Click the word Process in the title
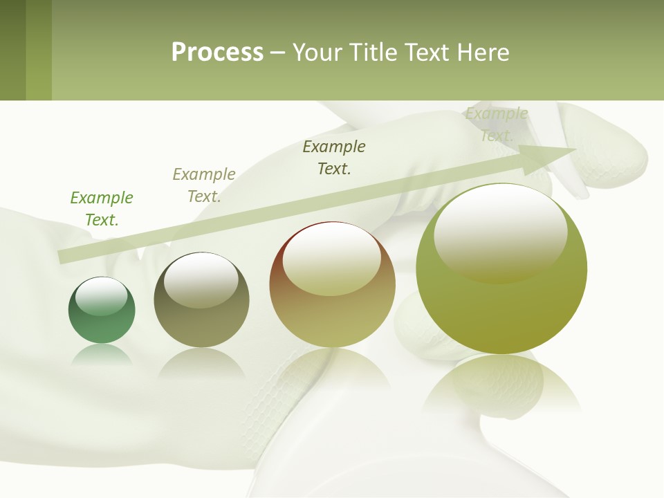pyautogui.click(x=217, y=53)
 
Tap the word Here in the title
pyautogui.click(x=483, y=53)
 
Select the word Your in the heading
pyautogui.click(x=319, y=53)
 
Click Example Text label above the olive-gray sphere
pyautogui.click(x=204, y=185)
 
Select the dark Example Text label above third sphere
pyautogui.click(x=334, y=157)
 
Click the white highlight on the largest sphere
pyautogui.click(x=500, y=232)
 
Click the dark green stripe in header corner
pyautogui.click(x=12, y=50)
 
